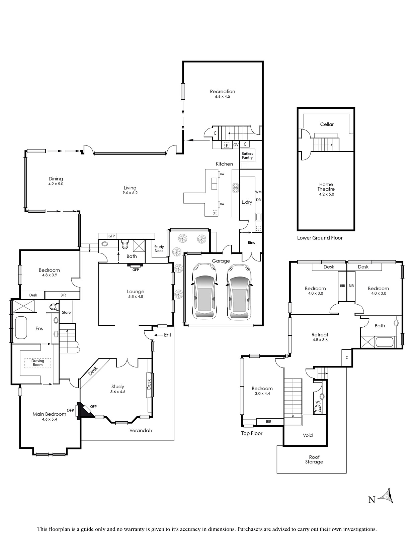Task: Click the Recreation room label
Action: point(222,91)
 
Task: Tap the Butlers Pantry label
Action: point(247,155)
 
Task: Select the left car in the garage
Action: point(204,291)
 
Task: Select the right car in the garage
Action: point(239,292)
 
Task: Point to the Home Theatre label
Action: point(326,187)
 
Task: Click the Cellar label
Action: point(327,124)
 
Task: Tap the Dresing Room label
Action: point(38,363)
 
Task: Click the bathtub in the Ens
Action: point(21,327)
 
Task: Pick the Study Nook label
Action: point(159,249)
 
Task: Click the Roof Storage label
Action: point(314,459)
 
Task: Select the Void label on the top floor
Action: point(308,435)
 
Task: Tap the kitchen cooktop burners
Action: point(236,188)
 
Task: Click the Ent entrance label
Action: point(168,335)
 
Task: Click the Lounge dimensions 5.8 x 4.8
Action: point(136,297)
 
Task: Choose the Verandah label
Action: point(141,430)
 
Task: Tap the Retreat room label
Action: point(320,335)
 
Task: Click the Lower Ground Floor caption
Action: point(320,238)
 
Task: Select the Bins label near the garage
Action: point(251,242)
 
